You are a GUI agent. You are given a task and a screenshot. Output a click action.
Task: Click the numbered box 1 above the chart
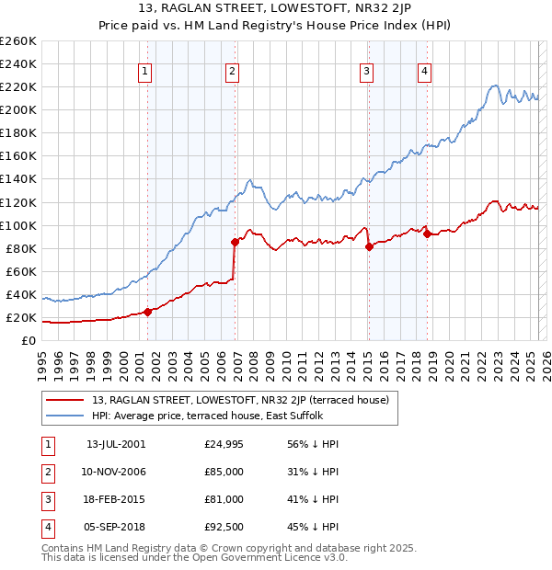pos(145,72)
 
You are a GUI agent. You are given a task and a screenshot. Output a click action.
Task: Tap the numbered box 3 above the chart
pos(366,72)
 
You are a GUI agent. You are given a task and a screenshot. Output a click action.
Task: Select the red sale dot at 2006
pos(235,242)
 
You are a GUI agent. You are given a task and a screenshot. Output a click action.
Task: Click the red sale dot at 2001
pos(148,311)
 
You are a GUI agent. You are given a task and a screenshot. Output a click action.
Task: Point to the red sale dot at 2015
pos(370,246)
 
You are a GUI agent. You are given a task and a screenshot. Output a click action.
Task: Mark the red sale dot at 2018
pos(427,234)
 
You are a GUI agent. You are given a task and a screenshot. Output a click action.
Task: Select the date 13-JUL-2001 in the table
pos(115,444)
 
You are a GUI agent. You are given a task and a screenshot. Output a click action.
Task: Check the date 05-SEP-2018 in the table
pos(115,527)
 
